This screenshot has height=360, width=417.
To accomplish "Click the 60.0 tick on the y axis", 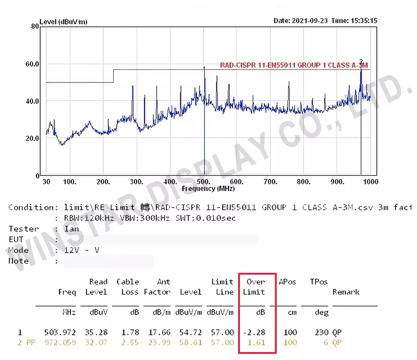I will (33, 64).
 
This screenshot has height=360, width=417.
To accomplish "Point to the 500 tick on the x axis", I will (204, 182).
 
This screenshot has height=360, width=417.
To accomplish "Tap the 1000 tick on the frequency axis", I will (370, 182).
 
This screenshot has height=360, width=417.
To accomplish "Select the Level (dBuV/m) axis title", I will (63, 21).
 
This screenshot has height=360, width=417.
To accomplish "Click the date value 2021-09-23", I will (310, 21).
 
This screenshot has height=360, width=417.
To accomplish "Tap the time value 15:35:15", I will (364, 21).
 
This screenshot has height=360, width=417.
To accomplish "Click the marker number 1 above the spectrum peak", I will (204, 68).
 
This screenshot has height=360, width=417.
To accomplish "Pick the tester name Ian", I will (71, 229).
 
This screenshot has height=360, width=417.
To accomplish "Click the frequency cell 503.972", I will (62, 332).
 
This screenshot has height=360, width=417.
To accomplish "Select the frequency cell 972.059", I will (62, 342).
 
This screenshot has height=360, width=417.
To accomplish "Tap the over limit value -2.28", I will (254, 332).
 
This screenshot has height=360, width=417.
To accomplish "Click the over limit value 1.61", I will (256, 342).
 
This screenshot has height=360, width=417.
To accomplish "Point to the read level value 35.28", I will (96, 332).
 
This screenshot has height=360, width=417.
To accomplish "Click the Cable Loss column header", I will (128, 287).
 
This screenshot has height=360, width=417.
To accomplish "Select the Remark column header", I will (346, 292).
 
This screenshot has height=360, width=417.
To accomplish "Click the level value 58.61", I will (191, 342).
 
